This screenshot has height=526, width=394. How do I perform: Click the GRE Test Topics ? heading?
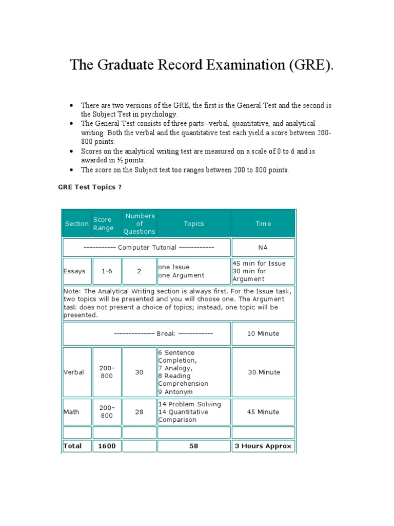(89, 187)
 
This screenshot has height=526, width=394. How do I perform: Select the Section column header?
(77, 223)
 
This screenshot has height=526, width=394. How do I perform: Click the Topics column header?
(194, 223)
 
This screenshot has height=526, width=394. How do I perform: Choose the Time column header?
(263, 223)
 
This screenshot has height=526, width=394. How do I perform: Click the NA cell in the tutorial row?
(263, 248)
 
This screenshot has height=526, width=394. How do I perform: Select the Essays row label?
(74, 271)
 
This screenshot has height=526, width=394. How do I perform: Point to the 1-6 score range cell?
(107, 271)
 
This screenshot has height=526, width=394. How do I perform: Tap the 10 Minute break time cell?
(263, 333)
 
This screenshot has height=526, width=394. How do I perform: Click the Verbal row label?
(74, 372)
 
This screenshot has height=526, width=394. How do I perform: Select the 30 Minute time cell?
(263, 372)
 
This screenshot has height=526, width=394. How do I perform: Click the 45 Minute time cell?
(263, 412)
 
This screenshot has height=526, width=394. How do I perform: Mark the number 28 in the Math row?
(139, 412)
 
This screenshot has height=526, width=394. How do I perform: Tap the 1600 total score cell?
(107, 446)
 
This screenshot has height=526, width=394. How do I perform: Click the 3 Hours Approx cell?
(263, 446)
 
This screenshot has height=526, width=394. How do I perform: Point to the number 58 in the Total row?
(193, 446)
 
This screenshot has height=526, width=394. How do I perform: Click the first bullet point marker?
(71, 105)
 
